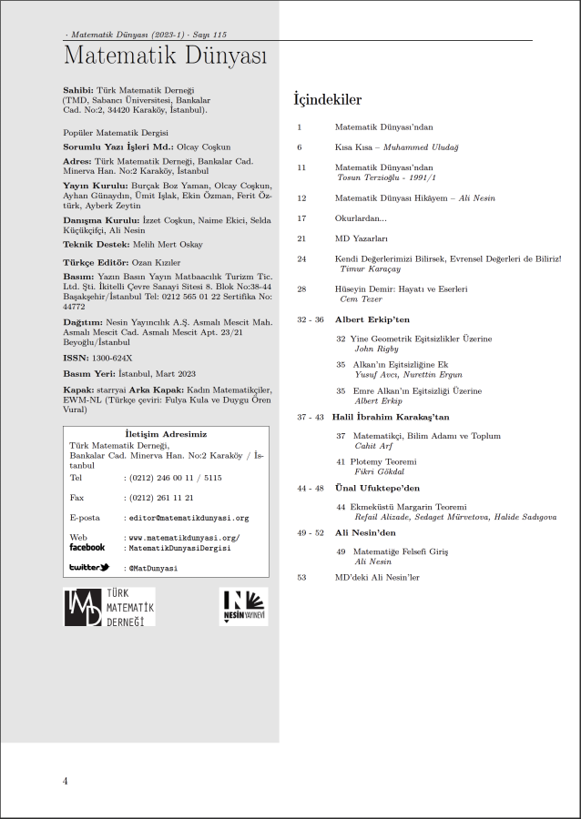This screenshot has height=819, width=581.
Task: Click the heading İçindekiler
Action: [x=327, y=99]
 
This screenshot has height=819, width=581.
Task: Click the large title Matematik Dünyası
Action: [x=165, y=56]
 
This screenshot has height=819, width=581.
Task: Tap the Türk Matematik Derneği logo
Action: [x=108, y=607]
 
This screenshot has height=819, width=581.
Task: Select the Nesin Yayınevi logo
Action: [x=244, y=607]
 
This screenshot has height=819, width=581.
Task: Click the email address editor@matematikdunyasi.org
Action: [x=189, y=518]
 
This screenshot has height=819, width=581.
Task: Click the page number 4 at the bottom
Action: [x=66, y=781]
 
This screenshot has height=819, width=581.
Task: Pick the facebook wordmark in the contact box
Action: [x=87, y=548]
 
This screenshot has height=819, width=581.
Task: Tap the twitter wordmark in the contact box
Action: [x=89, y=568]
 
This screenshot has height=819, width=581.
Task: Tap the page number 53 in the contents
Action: [x=301, y=577]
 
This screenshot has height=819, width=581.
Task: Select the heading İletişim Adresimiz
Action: [x=165, y=434]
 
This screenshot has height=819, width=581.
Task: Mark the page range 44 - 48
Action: [x=311, y=488]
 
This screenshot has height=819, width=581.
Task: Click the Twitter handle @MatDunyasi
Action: [x=153, y=568]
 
